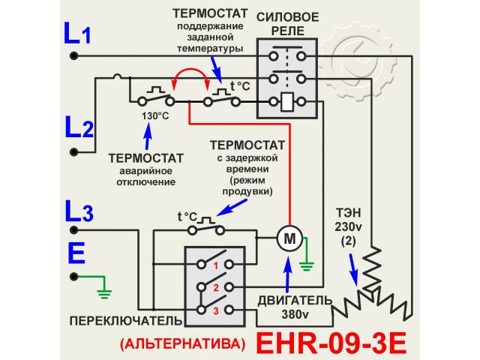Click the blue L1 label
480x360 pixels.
[x=76, y=34]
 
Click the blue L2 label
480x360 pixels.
[x=78, y=128]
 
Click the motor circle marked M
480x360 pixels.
[x=288, y=239]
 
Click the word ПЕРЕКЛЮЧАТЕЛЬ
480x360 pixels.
[x=125, y=321]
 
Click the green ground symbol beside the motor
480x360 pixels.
[x=306, y=262]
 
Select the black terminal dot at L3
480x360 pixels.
[x=73, y=228]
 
